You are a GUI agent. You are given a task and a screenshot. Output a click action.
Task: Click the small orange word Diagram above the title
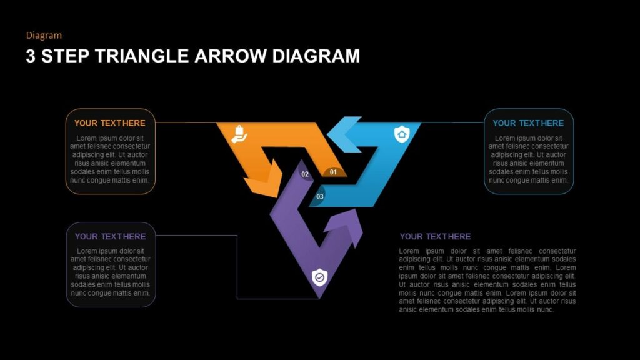tap(44, 36)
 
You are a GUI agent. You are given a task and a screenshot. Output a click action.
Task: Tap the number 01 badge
tap(333, 172)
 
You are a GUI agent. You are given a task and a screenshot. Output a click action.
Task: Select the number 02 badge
tap(305, 174)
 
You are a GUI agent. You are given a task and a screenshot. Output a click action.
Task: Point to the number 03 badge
tap(320, 197)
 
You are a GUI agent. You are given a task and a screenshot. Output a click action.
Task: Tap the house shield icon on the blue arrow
tap(401, 133)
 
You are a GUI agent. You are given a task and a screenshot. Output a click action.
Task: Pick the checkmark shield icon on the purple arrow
tap(319, 276)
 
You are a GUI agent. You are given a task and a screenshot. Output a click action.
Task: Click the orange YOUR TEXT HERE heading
tap(110, 123)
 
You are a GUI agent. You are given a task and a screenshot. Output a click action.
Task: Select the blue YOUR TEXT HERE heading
tap(528, 123)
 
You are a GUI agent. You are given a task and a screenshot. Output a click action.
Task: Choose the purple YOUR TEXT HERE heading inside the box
tap(110, 237)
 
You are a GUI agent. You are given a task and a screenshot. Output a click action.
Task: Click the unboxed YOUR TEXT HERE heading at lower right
tap(435, 237)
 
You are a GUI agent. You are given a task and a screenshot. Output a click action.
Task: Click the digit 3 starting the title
tap(31, 56)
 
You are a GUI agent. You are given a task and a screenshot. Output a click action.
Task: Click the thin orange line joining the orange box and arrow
tap(187, 122)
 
